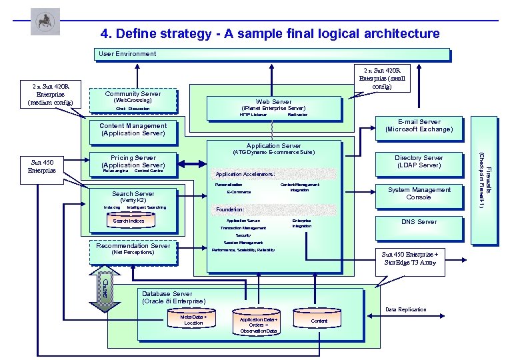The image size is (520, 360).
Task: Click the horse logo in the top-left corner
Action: (45, 22)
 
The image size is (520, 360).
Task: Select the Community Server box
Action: (133, 101)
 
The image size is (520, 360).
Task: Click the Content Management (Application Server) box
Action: (133, 129)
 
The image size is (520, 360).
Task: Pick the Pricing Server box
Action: (133, 163)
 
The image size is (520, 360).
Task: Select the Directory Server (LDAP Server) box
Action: (419, 161)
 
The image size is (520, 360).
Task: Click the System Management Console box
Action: (419, 193)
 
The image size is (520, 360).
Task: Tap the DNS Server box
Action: (419, 222)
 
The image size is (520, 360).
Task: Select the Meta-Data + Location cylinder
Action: (193, 320)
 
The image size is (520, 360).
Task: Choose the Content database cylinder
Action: (319, 321)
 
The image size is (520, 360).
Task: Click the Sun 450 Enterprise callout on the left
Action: (46, 166)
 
